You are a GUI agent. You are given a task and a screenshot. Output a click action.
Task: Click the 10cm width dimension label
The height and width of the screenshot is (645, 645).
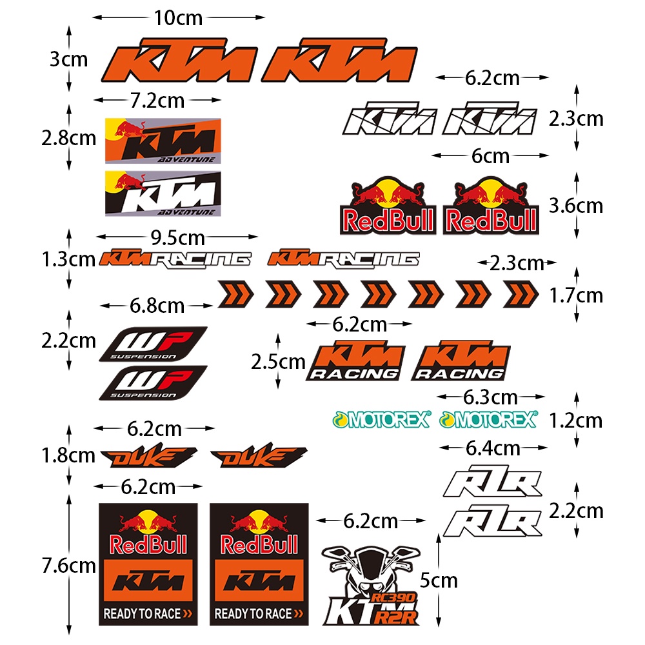178,18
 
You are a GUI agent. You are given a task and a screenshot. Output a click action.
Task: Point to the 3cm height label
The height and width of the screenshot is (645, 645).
68,60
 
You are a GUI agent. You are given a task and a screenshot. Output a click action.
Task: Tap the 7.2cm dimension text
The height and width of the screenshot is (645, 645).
157,101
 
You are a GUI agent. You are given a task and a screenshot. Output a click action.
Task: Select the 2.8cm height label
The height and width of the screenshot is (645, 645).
68,138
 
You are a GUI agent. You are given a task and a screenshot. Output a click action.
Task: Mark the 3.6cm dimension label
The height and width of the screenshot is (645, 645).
575,206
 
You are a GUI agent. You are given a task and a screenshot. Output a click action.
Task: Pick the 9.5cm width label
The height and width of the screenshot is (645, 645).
177,238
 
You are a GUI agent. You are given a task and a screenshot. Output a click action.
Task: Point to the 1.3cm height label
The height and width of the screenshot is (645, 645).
68,260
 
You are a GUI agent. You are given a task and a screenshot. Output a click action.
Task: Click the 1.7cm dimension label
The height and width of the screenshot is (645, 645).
575,296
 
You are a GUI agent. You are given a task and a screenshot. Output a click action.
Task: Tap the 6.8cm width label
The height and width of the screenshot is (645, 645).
157,305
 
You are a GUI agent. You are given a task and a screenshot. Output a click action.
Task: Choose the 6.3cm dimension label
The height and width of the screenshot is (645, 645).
490,397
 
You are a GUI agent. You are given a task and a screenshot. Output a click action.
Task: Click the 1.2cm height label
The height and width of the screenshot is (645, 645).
575,421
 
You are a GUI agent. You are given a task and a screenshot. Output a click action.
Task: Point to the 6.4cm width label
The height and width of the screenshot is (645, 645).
493,447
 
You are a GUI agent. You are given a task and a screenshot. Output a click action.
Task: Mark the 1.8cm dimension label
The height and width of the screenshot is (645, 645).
68,455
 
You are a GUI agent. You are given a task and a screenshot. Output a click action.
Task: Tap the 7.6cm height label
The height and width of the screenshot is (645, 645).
68,566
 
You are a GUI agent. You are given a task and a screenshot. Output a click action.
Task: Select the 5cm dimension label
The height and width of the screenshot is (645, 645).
439,580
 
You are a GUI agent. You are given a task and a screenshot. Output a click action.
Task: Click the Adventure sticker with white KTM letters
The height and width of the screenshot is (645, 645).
163,193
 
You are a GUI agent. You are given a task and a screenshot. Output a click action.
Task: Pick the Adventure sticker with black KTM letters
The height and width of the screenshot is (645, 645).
163,141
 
